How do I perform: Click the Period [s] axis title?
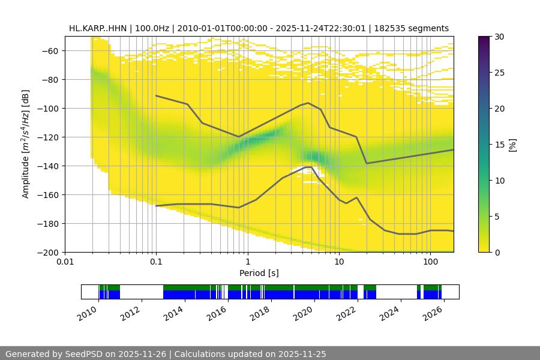[259, 273]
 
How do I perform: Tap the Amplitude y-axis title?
[26, 144]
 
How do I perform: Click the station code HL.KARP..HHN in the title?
[97, 28]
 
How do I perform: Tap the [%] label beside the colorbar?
[512, 144]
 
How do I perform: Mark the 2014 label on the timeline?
[173, 313]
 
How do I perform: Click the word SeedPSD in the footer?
[86, 354]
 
